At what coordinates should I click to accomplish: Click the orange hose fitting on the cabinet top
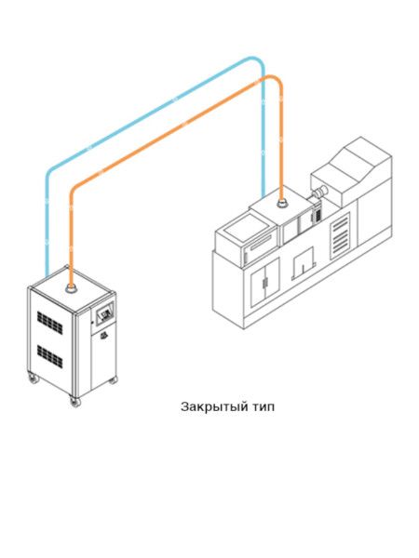click(72, 287)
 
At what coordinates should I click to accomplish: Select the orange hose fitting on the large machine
click(282, 204)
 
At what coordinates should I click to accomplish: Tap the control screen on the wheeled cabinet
click(104, 313)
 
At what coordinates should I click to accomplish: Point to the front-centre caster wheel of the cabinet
click(75, 402)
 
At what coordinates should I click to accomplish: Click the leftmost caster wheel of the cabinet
click(34, 378)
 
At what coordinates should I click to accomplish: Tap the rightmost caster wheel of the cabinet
click(113, 380)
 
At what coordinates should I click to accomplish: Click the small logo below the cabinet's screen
click(103, 335)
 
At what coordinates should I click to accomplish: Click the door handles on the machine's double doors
click(265, 283)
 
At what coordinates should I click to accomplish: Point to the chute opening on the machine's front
click(304, 263)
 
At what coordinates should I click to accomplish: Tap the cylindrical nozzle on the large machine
click(318, 192)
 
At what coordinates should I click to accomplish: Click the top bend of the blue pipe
click(255, 60)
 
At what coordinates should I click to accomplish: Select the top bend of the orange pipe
click(274, 79)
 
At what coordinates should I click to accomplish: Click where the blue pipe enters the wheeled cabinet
click(47, 274)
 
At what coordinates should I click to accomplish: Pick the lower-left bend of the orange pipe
click(74, 190)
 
